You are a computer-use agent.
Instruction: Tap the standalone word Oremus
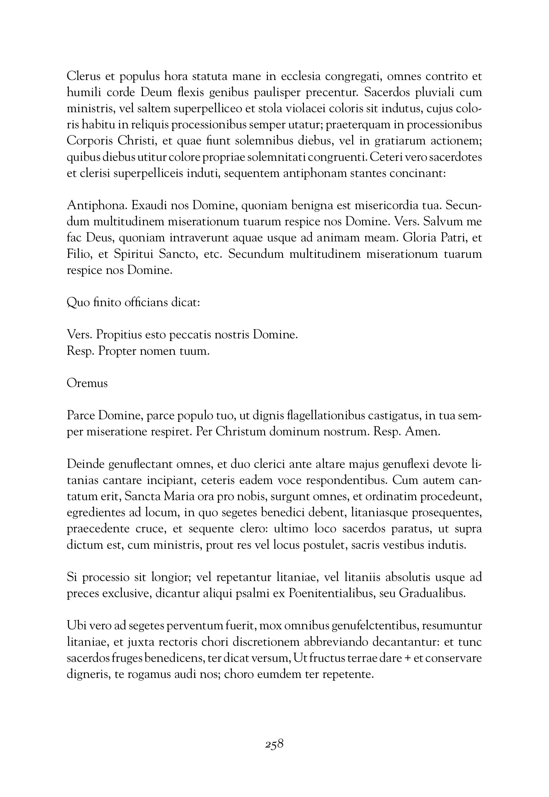coord(87,383)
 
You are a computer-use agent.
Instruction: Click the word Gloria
coord(420,238)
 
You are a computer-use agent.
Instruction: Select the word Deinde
coord(85,464)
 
